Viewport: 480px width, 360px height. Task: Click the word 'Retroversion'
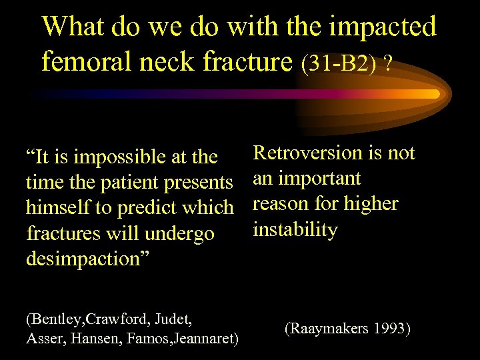307,153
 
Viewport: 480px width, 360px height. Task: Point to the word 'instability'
295,230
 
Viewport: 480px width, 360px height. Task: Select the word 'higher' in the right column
373,204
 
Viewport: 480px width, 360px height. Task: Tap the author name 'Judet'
174,319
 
